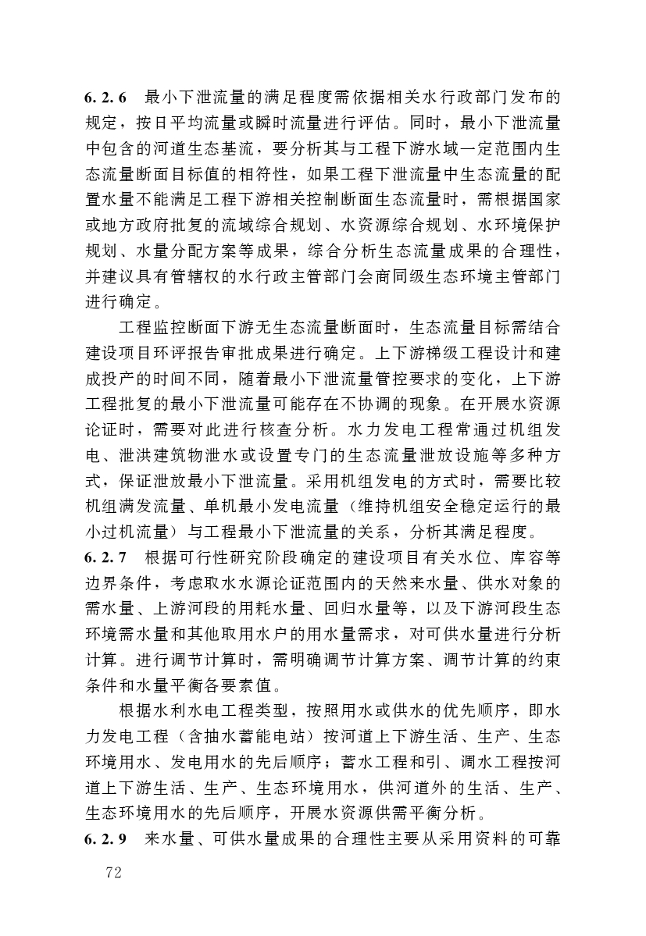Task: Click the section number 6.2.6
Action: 105,98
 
